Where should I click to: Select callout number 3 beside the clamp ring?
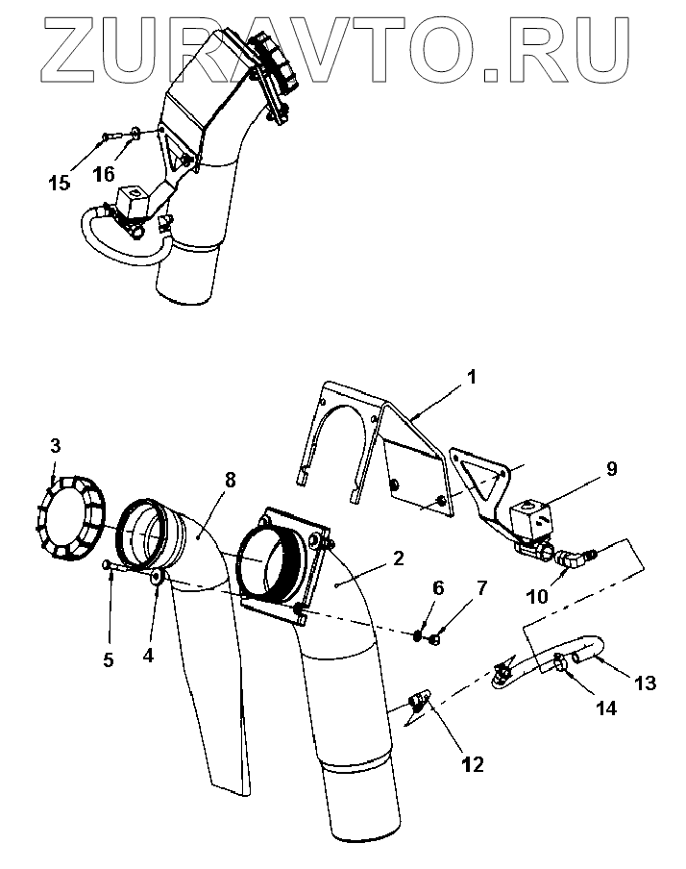[x=56, y=445]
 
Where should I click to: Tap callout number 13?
[x=645, y=683]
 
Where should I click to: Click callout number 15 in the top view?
[x=60, y=182]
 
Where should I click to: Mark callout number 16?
[x=104, y=174]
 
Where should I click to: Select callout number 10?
[x=538, y=595]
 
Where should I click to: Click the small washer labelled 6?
[x=420, y=635]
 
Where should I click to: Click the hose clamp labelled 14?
[x=558, y=662]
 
